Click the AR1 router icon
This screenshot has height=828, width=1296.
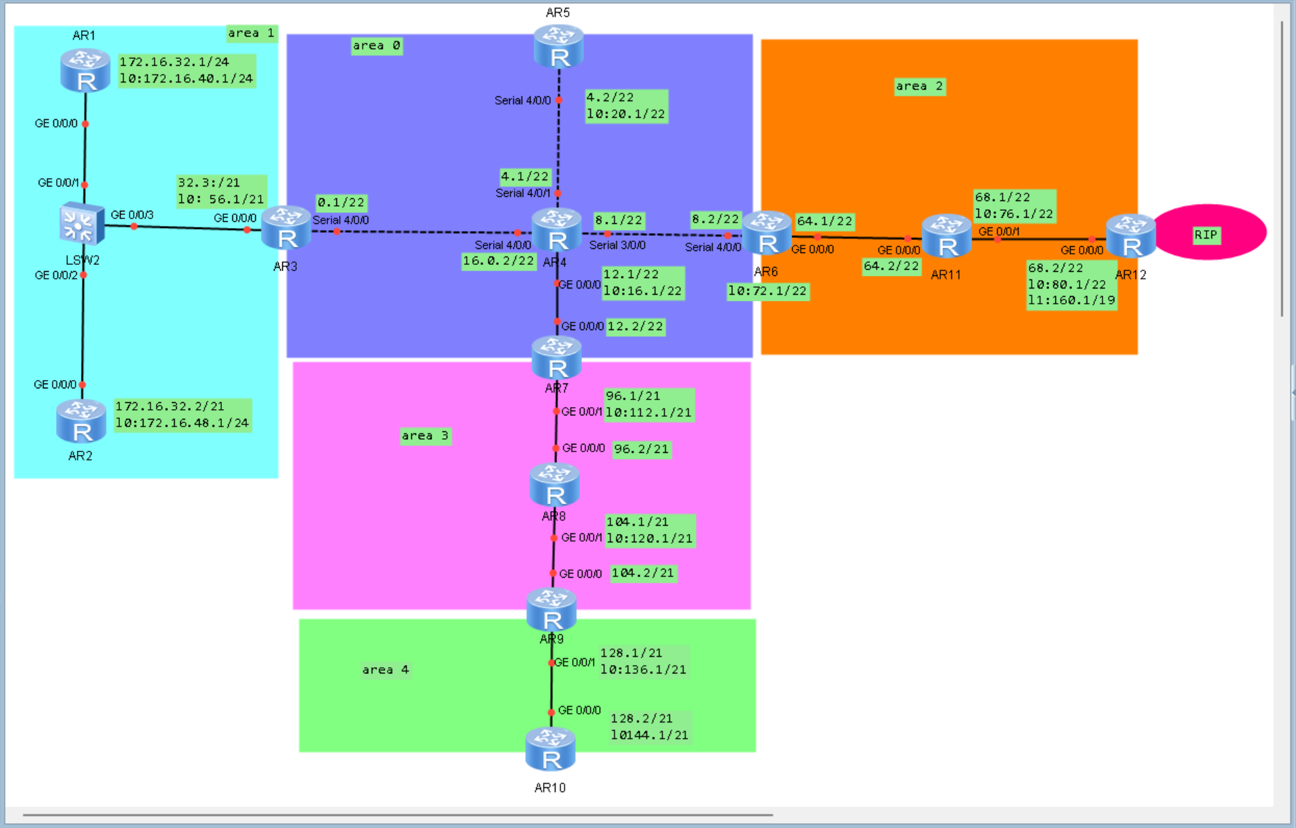[85, 71]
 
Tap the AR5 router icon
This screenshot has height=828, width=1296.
[559, 46]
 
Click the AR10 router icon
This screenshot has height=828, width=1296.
[551, 749]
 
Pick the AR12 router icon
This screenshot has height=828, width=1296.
[1131, 236]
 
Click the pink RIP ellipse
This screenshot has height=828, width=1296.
[1209, 233]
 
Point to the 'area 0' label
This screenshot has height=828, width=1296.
[376, 46]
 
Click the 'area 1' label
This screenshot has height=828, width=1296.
[251, 33]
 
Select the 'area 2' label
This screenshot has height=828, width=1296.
[919, 86]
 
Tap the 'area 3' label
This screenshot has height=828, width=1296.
[425, 435]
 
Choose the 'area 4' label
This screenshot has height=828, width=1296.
[386, 669]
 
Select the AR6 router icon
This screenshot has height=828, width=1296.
[767, 234]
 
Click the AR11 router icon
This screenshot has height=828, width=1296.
[947, 236]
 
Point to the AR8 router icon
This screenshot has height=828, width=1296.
[555, 485]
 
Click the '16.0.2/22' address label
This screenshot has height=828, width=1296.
[499, 261]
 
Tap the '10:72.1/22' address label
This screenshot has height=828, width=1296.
[768, 291]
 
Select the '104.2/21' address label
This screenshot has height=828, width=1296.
[643, 573]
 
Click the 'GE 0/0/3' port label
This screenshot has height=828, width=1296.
[132, 215]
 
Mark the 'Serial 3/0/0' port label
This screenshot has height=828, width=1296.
[617, 245]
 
